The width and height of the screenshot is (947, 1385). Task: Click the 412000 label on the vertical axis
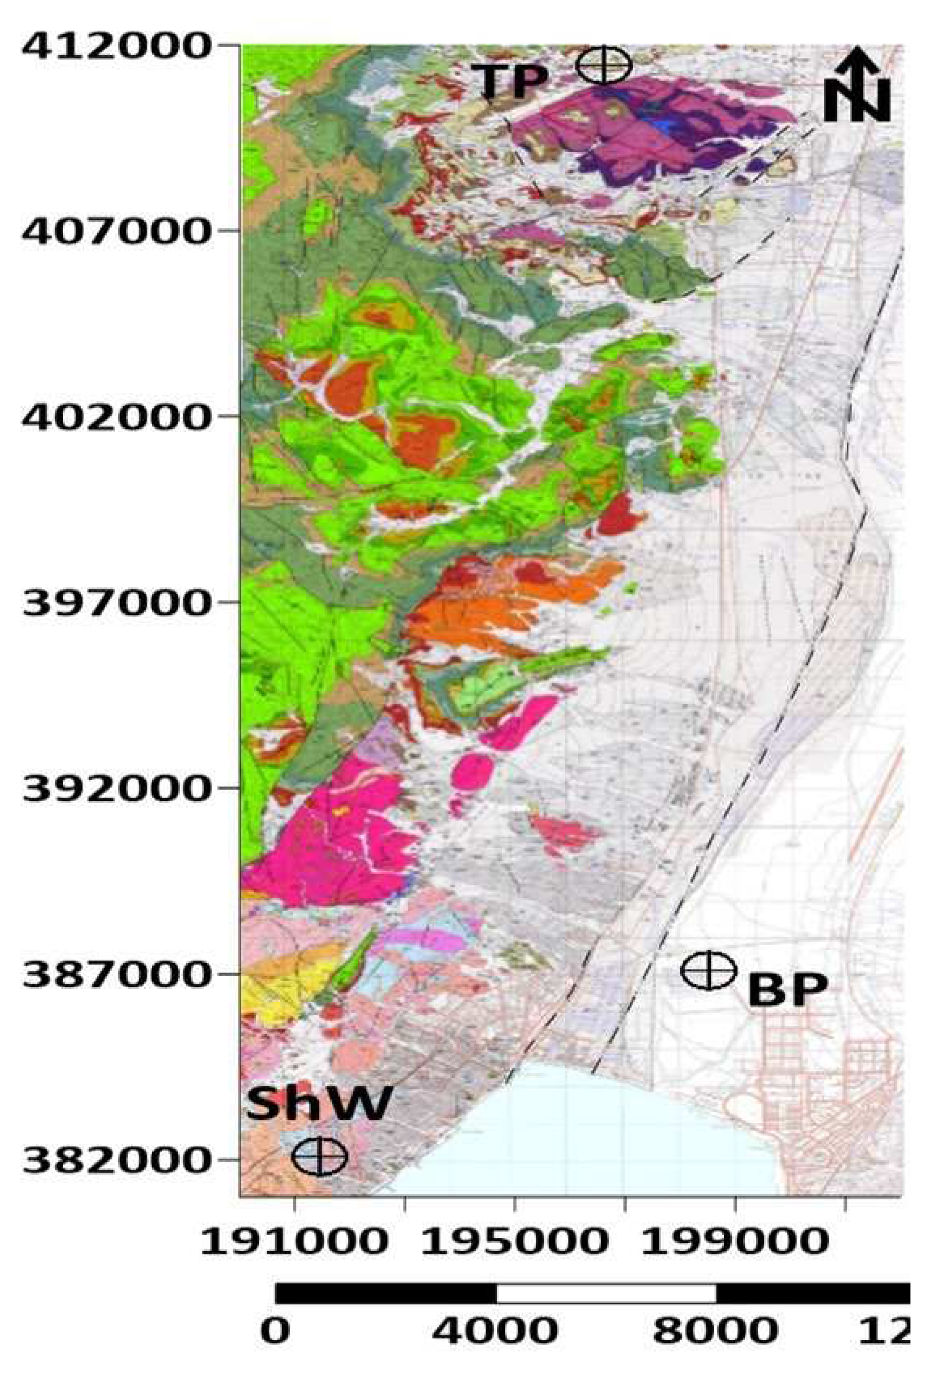click(x=116, y=48)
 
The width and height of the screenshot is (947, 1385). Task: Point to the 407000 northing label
click(x=116, y=233)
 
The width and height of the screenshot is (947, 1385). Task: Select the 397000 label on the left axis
click(x=116, y=602)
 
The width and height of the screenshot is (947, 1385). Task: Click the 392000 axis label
click(x=116, y=788)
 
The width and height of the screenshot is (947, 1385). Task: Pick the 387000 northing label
click(x=116, y=974)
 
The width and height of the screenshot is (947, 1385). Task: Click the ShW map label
click(x=319, y=1102)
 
